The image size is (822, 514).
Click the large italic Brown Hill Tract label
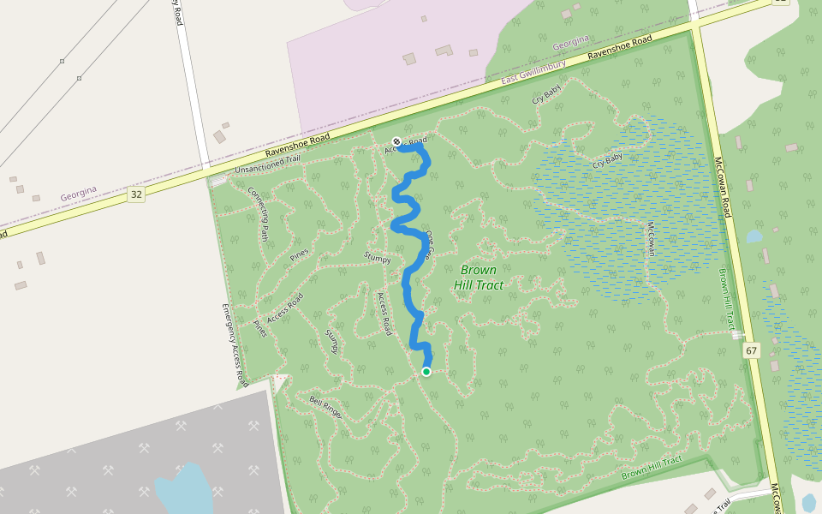pos(478,278)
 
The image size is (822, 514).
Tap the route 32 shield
pos(136,194)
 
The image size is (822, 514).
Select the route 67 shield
pos(752,350)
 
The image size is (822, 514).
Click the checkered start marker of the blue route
pos(396,141)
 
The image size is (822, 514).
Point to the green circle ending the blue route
pos(426,371)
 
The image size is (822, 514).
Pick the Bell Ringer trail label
pos(325,407)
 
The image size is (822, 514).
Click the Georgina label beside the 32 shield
pos(78,196)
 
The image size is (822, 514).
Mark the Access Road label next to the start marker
pos(405,144)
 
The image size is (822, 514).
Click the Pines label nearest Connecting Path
pos(299,254)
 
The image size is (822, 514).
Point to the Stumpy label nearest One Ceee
pos(377,258)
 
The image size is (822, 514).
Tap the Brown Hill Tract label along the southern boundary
pos(652,468)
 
